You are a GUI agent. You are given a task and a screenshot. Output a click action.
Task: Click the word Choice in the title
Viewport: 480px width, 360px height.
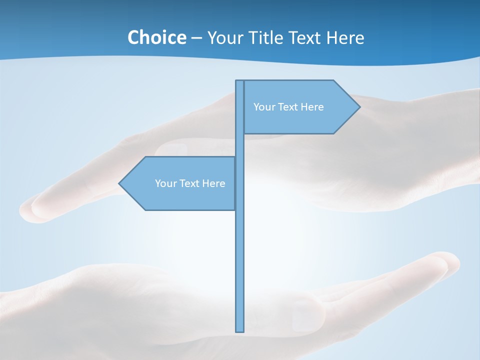[156, 37]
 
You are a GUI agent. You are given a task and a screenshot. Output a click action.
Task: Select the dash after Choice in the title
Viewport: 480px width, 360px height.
[196, 38]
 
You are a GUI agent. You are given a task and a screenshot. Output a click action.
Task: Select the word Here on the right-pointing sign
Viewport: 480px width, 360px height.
[312, 107]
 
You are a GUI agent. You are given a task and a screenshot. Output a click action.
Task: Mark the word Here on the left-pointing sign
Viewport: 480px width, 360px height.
[213, 183]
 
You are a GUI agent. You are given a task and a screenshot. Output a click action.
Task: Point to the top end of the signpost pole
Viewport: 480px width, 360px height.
[240, 81]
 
